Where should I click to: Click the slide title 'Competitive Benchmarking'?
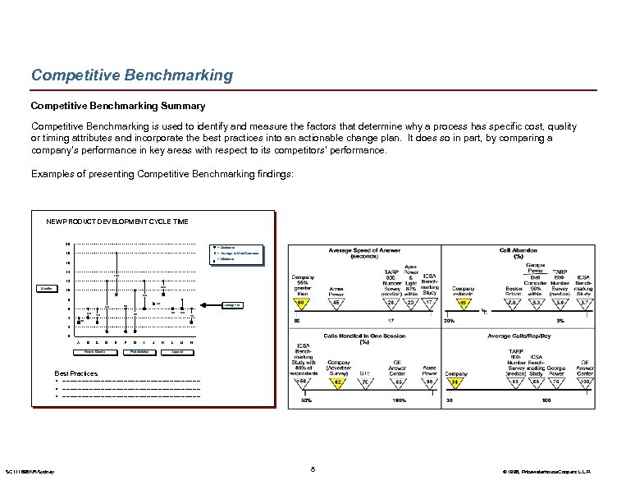tap(131, 75)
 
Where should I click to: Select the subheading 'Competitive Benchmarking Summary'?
tap(117, 106)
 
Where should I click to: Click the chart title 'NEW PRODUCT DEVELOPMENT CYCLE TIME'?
tap(117, 222)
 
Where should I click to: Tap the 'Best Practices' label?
tap(76, 373)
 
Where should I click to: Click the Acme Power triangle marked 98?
tap(429, 382)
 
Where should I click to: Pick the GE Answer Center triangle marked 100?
tap(585, 382)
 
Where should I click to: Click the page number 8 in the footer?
tap(313, 469)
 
